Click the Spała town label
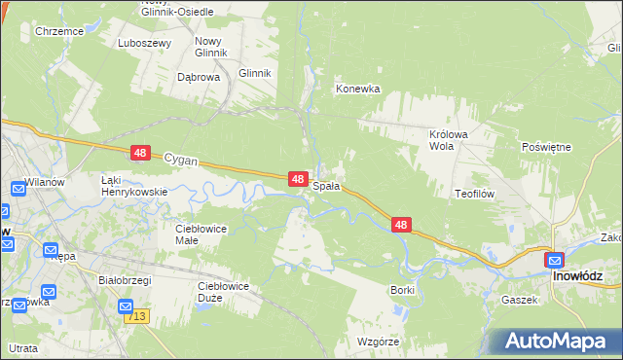(x=326, y=186)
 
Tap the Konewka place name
(x=357, y=89)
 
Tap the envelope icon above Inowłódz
(x=554, y=260)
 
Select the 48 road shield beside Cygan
(x=141, y=153)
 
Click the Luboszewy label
(x=144, y=44)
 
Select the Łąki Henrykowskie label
(x=134, y=186)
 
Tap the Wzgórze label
(x=381, y=342)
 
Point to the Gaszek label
(x=520, y=300)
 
